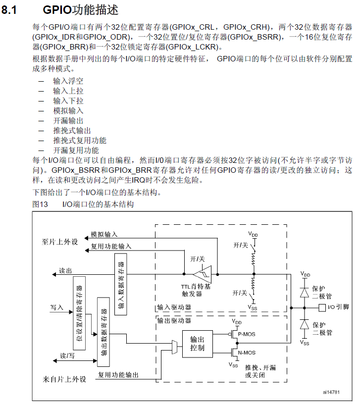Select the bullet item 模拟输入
pyautogui.click(x=68, y=111)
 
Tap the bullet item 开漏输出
pyautogui.click(x=68, y=121)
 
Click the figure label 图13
pyautogui.click(x=40, y=204)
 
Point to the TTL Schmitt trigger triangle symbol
pyautogui.click(x=202, y=273)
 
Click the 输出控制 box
pyautogui.click(x=197, y=341)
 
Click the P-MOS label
pyautogui.click(x=247, y=334)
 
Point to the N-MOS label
pyautogui.click(x=247, y=353)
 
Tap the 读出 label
pyautogui.click(x=66, y=271)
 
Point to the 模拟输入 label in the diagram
pyautogui.click(x=104, y=234)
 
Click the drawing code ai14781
pyautogui.click(x=331, y=392)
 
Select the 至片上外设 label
pyautogui.click(x=60, y=242)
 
